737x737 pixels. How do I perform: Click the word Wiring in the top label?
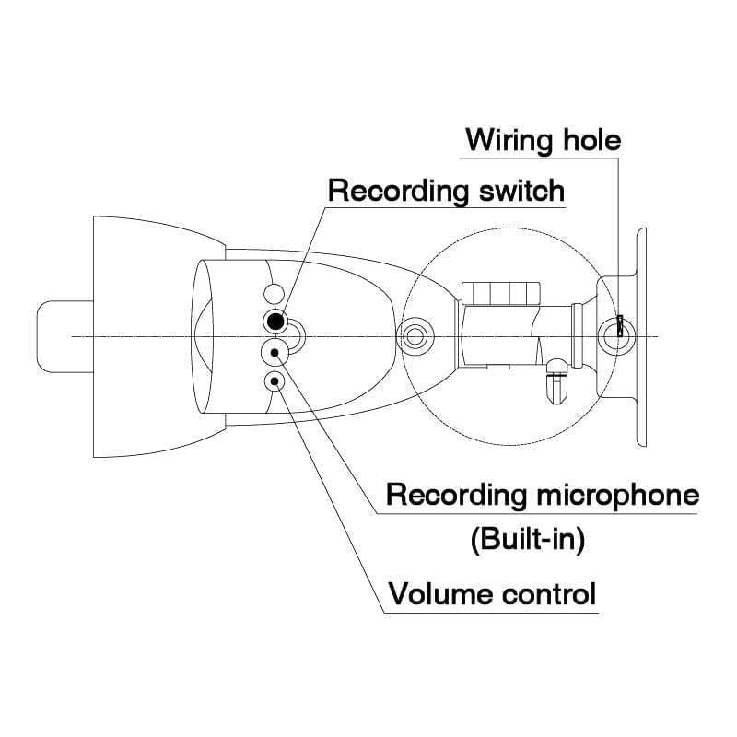pyautogui.click(x=509, y=141)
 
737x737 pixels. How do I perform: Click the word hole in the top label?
pyautogui.click(x=592, y=140)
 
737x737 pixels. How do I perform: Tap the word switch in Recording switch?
pyautogui.click(x=521, y=191)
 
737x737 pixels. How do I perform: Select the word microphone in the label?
pyautogui.click(x=617, y=496)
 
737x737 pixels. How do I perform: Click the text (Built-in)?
pyautogui.click(x=528, y=539)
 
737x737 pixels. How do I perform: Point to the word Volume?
pyautogui.click(x=439, y=593)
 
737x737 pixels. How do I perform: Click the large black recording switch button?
pyautogui.click(x=275, y=322)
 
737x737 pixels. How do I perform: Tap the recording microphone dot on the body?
pyautogui.click(x=275, y=352)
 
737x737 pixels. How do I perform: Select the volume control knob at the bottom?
pyautogui.click(x=275, y=380)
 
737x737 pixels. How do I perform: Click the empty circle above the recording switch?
pyautogui.click(x=274, y=294)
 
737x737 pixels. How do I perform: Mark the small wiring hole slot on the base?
pyautogui.click(x=620, y=326)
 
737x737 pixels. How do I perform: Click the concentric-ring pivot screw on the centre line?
pyautogui.click(x=414, y=336)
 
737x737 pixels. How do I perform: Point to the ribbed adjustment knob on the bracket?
pyautogui.click(x=500, y=293)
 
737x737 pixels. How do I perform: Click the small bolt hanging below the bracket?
pyautogui.click(x=556, y=381)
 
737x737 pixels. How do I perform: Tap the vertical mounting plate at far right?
pyautogui.click(x=641, y=337)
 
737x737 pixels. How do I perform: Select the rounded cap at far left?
pyautogui.click(x=64, y=336)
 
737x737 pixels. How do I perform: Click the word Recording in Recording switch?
pyautogui.click(x=399, y=192)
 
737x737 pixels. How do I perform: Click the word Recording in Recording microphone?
pyautogui.click(x=456, y=496)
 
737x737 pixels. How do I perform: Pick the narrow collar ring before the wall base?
pyautogui.click(x=579, y=334)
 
